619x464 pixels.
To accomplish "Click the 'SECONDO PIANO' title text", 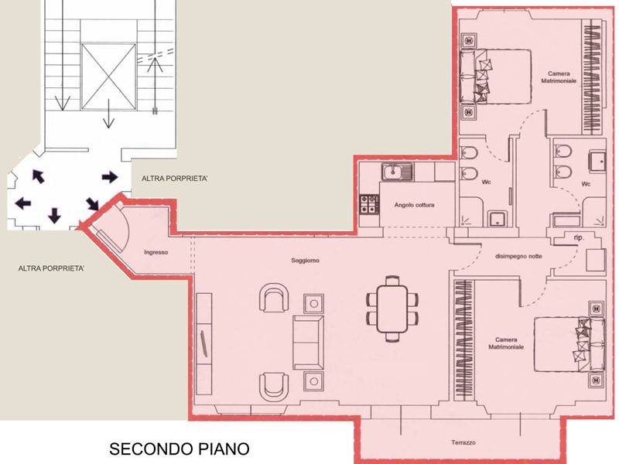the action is pos(180,449).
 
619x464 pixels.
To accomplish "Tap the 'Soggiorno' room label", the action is pos(305,261).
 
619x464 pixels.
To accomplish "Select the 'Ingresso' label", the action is pos(156,253).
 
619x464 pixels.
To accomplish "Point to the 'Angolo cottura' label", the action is pos(414,205).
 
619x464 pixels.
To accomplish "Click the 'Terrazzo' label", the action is pos(463,442).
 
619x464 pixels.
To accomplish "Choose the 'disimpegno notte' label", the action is pos(518,257).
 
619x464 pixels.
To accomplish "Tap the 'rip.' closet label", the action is pos(579,237).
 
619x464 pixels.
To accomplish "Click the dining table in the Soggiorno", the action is pos(392,309).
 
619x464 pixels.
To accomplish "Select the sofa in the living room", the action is pos(308,343).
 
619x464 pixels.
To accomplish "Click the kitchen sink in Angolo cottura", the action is pos(397,172).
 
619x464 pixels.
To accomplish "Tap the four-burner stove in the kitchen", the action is pos(369,204).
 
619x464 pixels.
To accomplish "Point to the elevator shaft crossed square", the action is pos(108,77).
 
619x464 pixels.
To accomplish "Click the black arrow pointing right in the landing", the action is pos(110,177).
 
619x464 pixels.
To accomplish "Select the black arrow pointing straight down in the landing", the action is pos(54,216).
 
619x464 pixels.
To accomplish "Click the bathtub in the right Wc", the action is pos(566,220).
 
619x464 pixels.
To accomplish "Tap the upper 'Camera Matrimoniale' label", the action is pos(559,77).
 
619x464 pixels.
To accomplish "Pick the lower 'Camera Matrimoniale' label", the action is pos(506,343).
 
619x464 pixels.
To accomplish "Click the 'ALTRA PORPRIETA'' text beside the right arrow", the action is pos(175,179).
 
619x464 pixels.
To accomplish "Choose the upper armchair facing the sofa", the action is pos(274,297).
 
